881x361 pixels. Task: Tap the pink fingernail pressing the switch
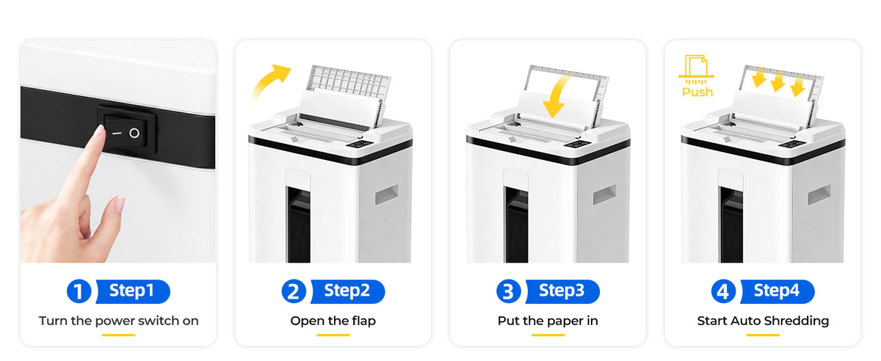(x=99, y=131)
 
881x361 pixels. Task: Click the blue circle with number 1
(x=79, y=291)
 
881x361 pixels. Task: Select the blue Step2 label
(x=348, y=291)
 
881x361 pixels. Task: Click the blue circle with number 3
(x=508, y=291)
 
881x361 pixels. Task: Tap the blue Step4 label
(x=777, y=291)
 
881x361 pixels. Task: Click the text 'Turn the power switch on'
(x=118, y=321)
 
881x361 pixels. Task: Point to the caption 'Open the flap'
(x=333, y=321)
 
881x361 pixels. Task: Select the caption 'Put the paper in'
(x=548, y=321)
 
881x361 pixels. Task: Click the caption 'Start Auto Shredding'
(x=763, y=321)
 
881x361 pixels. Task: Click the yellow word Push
(x=697, y=92)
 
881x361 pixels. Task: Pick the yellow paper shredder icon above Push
(x=696, y=70)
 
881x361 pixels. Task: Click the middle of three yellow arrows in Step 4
(x=777, y=81)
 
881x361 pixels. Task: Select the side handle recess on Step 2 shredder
(x=386, y=194)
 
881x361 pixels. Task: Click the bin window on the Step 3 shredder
(x=516, y=224)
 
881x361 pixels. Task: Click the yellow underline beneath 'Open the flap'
(x=333, y=335)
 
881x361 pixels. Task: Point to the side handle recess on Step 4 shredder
(x=819, y=194)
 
